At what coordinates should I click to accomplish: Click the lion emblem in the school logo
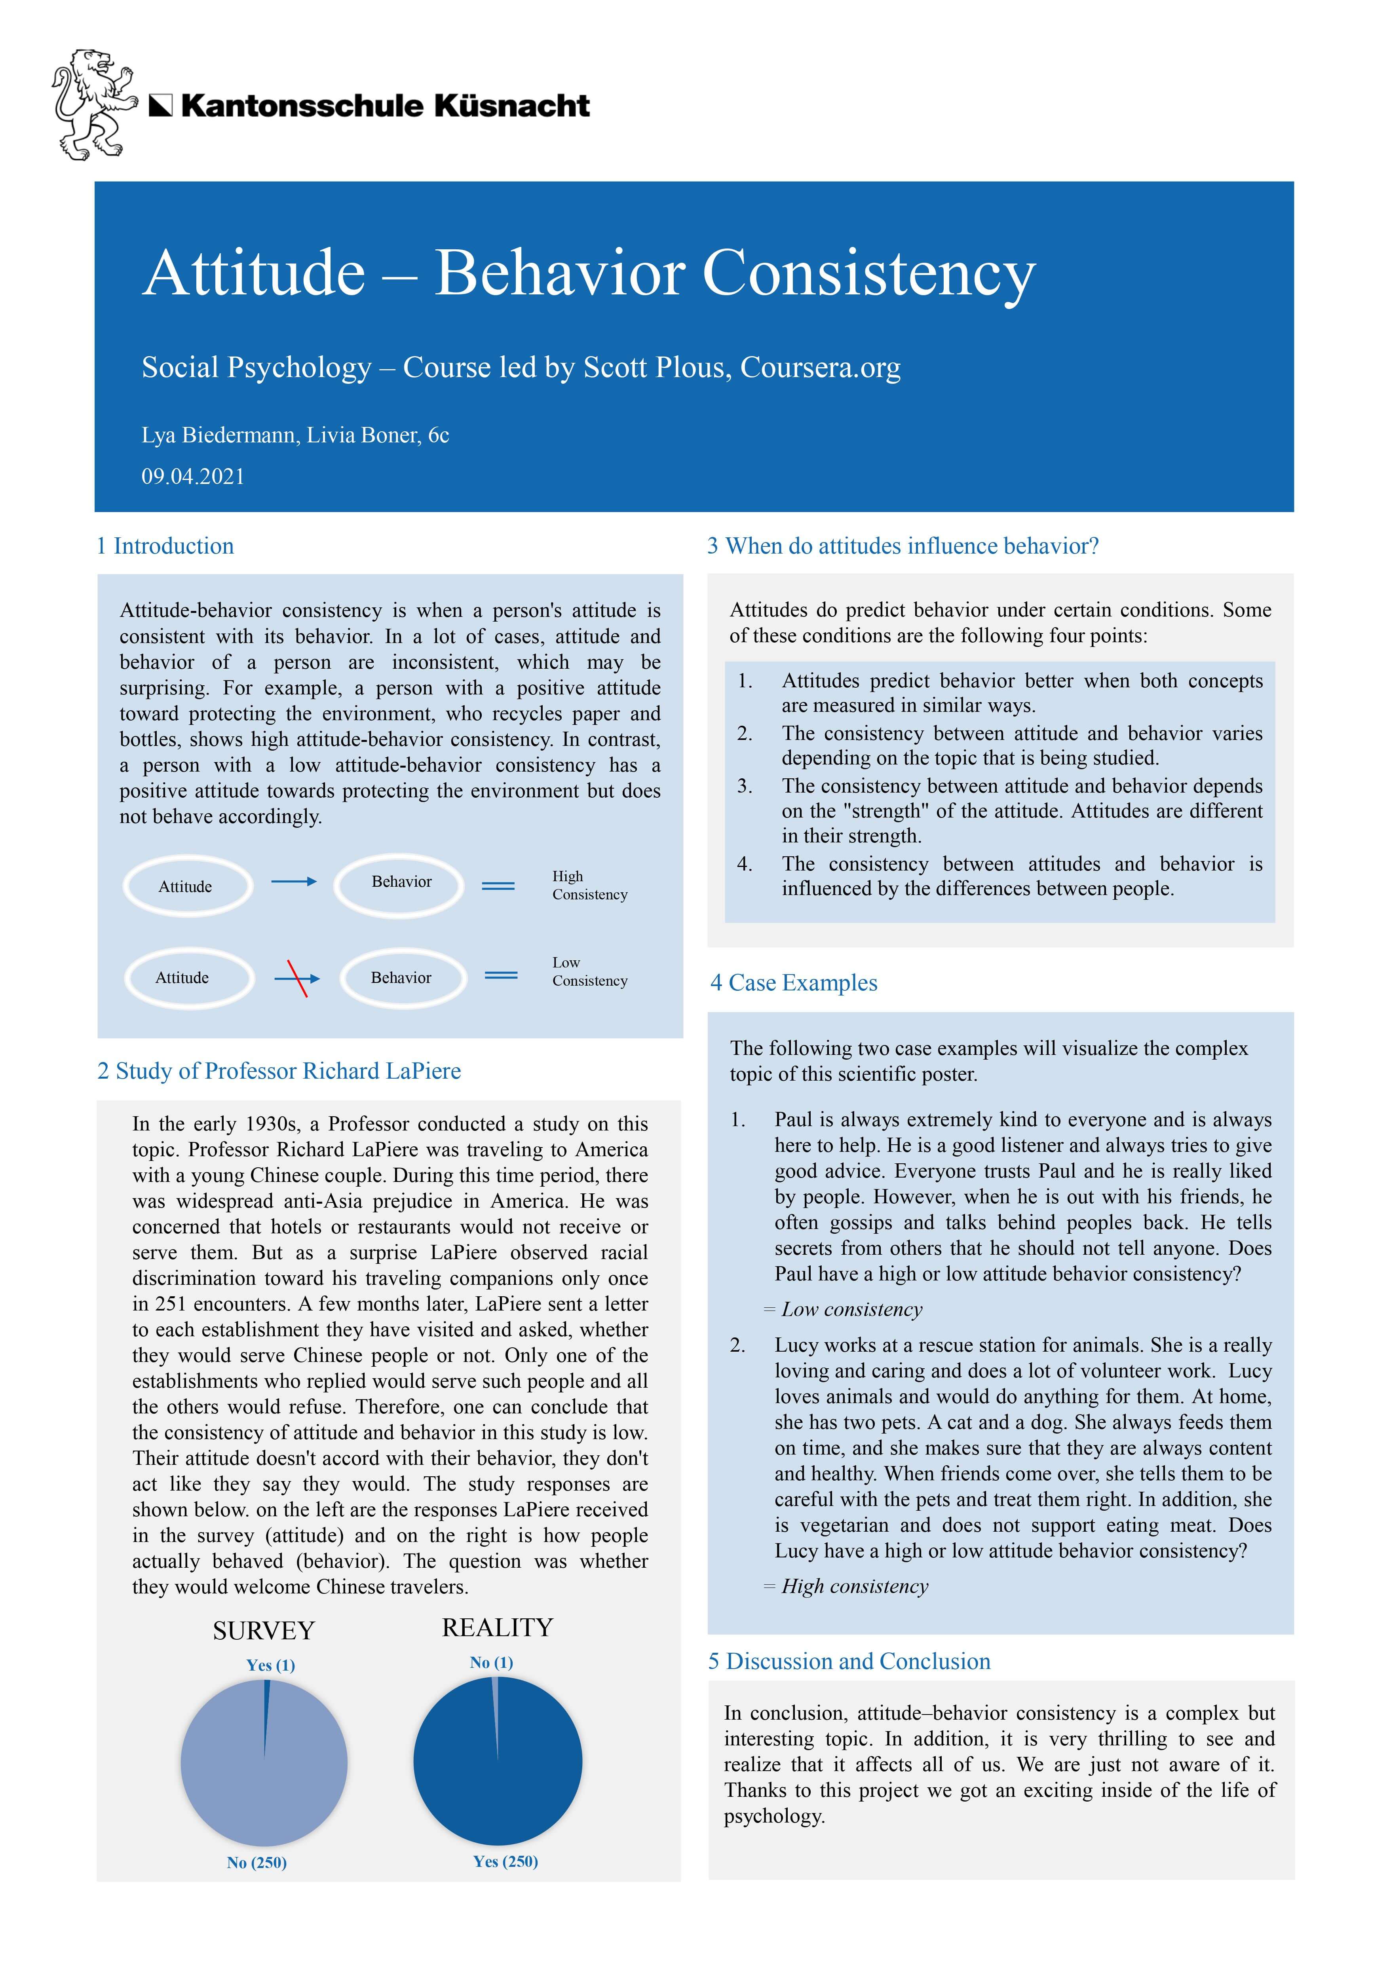click(x=94, y=104)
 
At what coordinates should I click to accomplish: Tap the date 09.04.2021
click(x=193, y=476)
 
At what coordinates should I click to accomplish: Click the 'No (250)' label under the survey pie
click(x=257, y=1862)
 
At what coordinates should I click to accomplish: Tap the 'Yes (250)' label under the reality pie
click(x=505, y=1861)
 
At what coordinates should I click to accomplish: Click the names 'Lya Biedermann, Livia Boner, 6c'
click(x=295, y=435)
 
